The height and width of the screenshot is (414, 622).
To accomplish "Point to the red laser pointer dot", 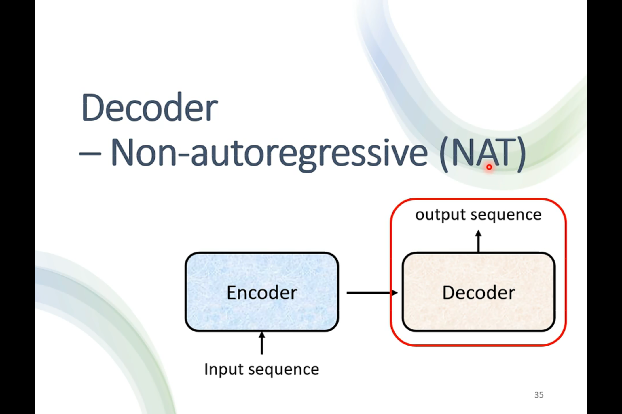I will [x=489, y=167].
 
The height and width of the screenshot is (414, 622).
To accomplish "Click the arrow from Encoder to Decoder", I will [x=371, y=293].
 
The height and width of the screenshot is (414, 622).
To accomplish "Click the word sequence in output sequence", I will [x=506, y=215].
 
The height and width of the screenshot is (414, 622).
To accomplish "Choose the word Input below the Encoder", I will [x=224, y=369].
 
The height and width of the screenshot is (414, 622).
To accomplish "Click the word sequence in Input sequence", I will [x=284, y=369].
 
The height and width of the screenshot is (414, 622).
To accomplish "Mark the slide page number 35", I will [x=539, y=395].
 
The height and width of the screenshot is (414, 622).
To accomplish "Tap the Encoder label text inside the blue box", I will [x=262, y=293].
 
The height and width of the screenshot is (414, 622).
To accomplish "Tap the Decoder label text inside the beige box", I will [x=478, y=293].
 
